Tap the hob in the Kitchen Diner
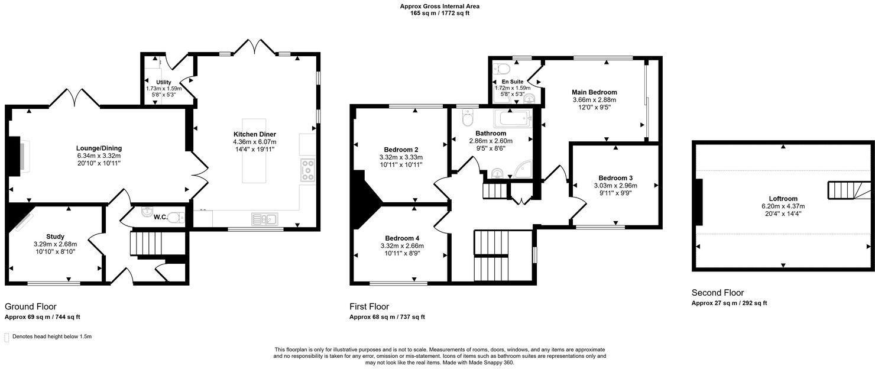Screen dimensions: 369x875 click(x=307, y=170)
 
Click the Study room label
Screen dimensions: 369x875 click(x=55, y=237)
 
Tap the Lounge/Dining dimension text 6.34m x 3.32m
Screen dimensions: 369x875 click(x=98, y=156)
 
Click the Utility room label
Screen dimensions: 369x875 click(x=164, y=82)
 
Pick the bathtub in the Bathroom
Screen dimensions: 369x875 click(x=516, y=118)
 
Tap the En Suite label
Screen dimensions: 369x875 click(x=512, y=82)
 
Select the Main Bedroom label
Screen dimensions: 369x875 click(x=594, y=92)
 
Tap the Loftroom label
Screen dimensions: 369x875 click(x=783, y=199)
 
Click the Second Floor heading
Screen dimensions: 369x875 click(x=717, y=293)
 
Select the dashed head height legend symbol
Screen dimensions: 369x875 click(x=7, y=337)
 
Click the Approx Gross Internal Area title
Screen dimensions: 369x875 click(x=439, y=7)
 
